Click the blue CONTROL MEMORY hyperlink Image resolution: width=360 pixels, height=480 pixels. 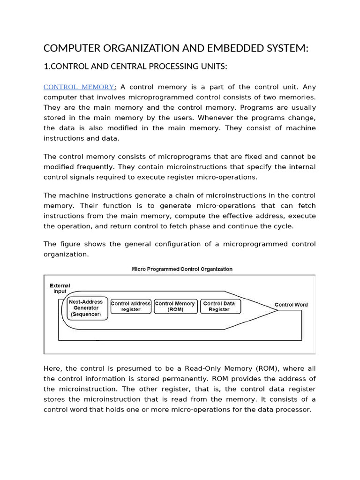(79, 87)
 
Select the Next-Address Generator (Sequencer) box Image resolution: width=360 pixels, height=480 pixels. (88, 308)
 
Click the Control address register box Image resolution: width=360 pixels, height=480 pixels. (131, 306)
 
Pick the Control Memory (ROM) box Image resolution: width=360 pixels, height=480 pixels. (175, 306)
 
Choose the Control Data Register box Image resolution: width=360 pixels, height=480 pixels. (219, 306)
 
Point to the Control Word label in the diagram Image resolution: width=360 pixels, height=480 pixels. (291, 305)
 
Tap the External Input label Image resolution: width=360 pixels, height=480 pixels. (60, 288)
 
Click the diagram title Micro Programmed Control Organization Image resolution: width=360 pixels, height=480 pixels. (181, 269)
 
